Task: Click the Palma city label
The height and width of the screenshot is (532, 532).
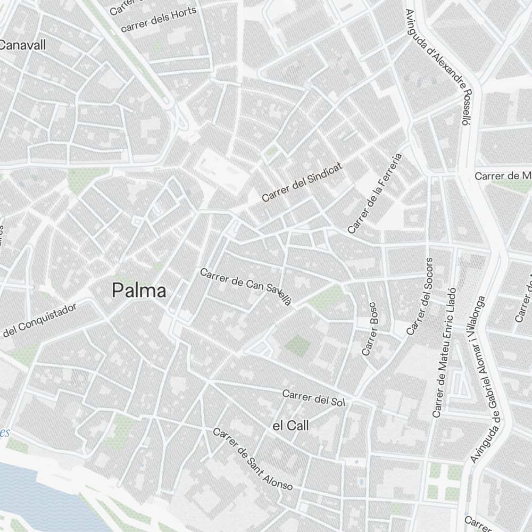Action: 139,291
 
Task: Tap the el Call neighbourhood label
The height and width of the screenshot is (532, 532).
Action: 290,426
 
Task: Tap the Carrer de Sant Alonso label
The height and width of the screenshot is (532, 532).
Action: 253,459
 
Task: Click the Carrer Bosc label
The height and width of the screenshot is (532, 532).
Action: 369,329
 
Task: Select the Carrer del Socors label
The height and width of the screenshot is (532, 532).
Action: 420,296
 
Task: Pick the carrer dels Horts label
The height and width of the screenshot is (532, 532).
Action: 159,19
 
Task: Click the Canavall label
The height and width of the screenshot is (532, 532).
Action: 22,45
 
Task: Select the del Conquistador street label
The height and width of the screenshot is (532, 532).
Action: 40,320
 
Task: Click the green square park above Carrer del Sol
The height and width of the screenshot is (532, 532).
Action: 297,346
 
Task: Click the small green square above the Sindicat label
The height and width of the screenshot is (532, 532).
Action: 272,152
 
